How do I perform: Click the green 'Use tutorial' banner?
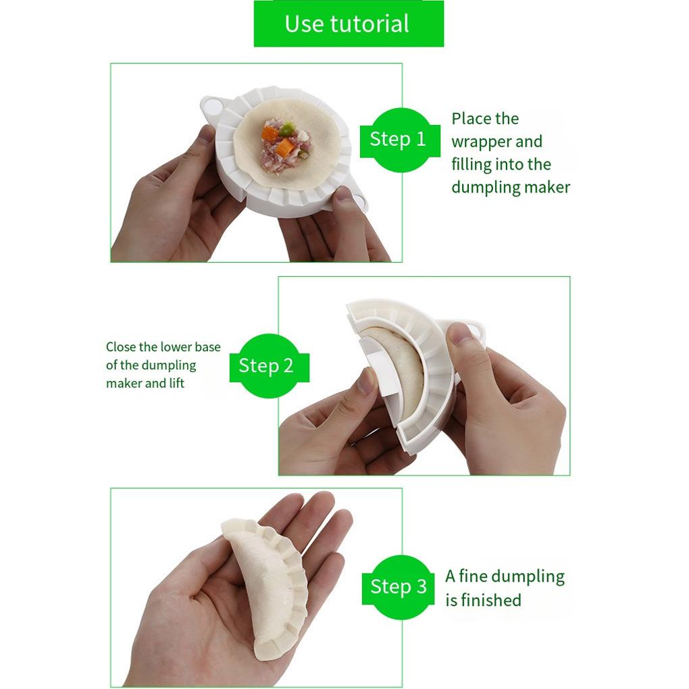point(349,23)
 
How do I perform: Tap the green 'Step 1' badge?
point(399,140)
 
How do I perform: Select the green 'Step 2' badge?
point(269,366)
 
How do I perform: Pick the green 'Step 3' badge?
point(399,587)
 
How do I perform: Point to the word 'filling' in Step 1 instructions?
point(471,164)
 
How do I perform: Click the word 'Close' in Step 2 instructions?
point(120,347)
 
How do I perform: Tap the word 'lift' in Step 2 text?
point(177,383)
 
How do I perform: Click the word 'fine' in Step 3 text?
point(474,576)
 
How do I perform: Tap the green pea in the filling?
point(287,128)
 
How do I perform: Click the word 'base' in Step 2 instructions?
point(208,347)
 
